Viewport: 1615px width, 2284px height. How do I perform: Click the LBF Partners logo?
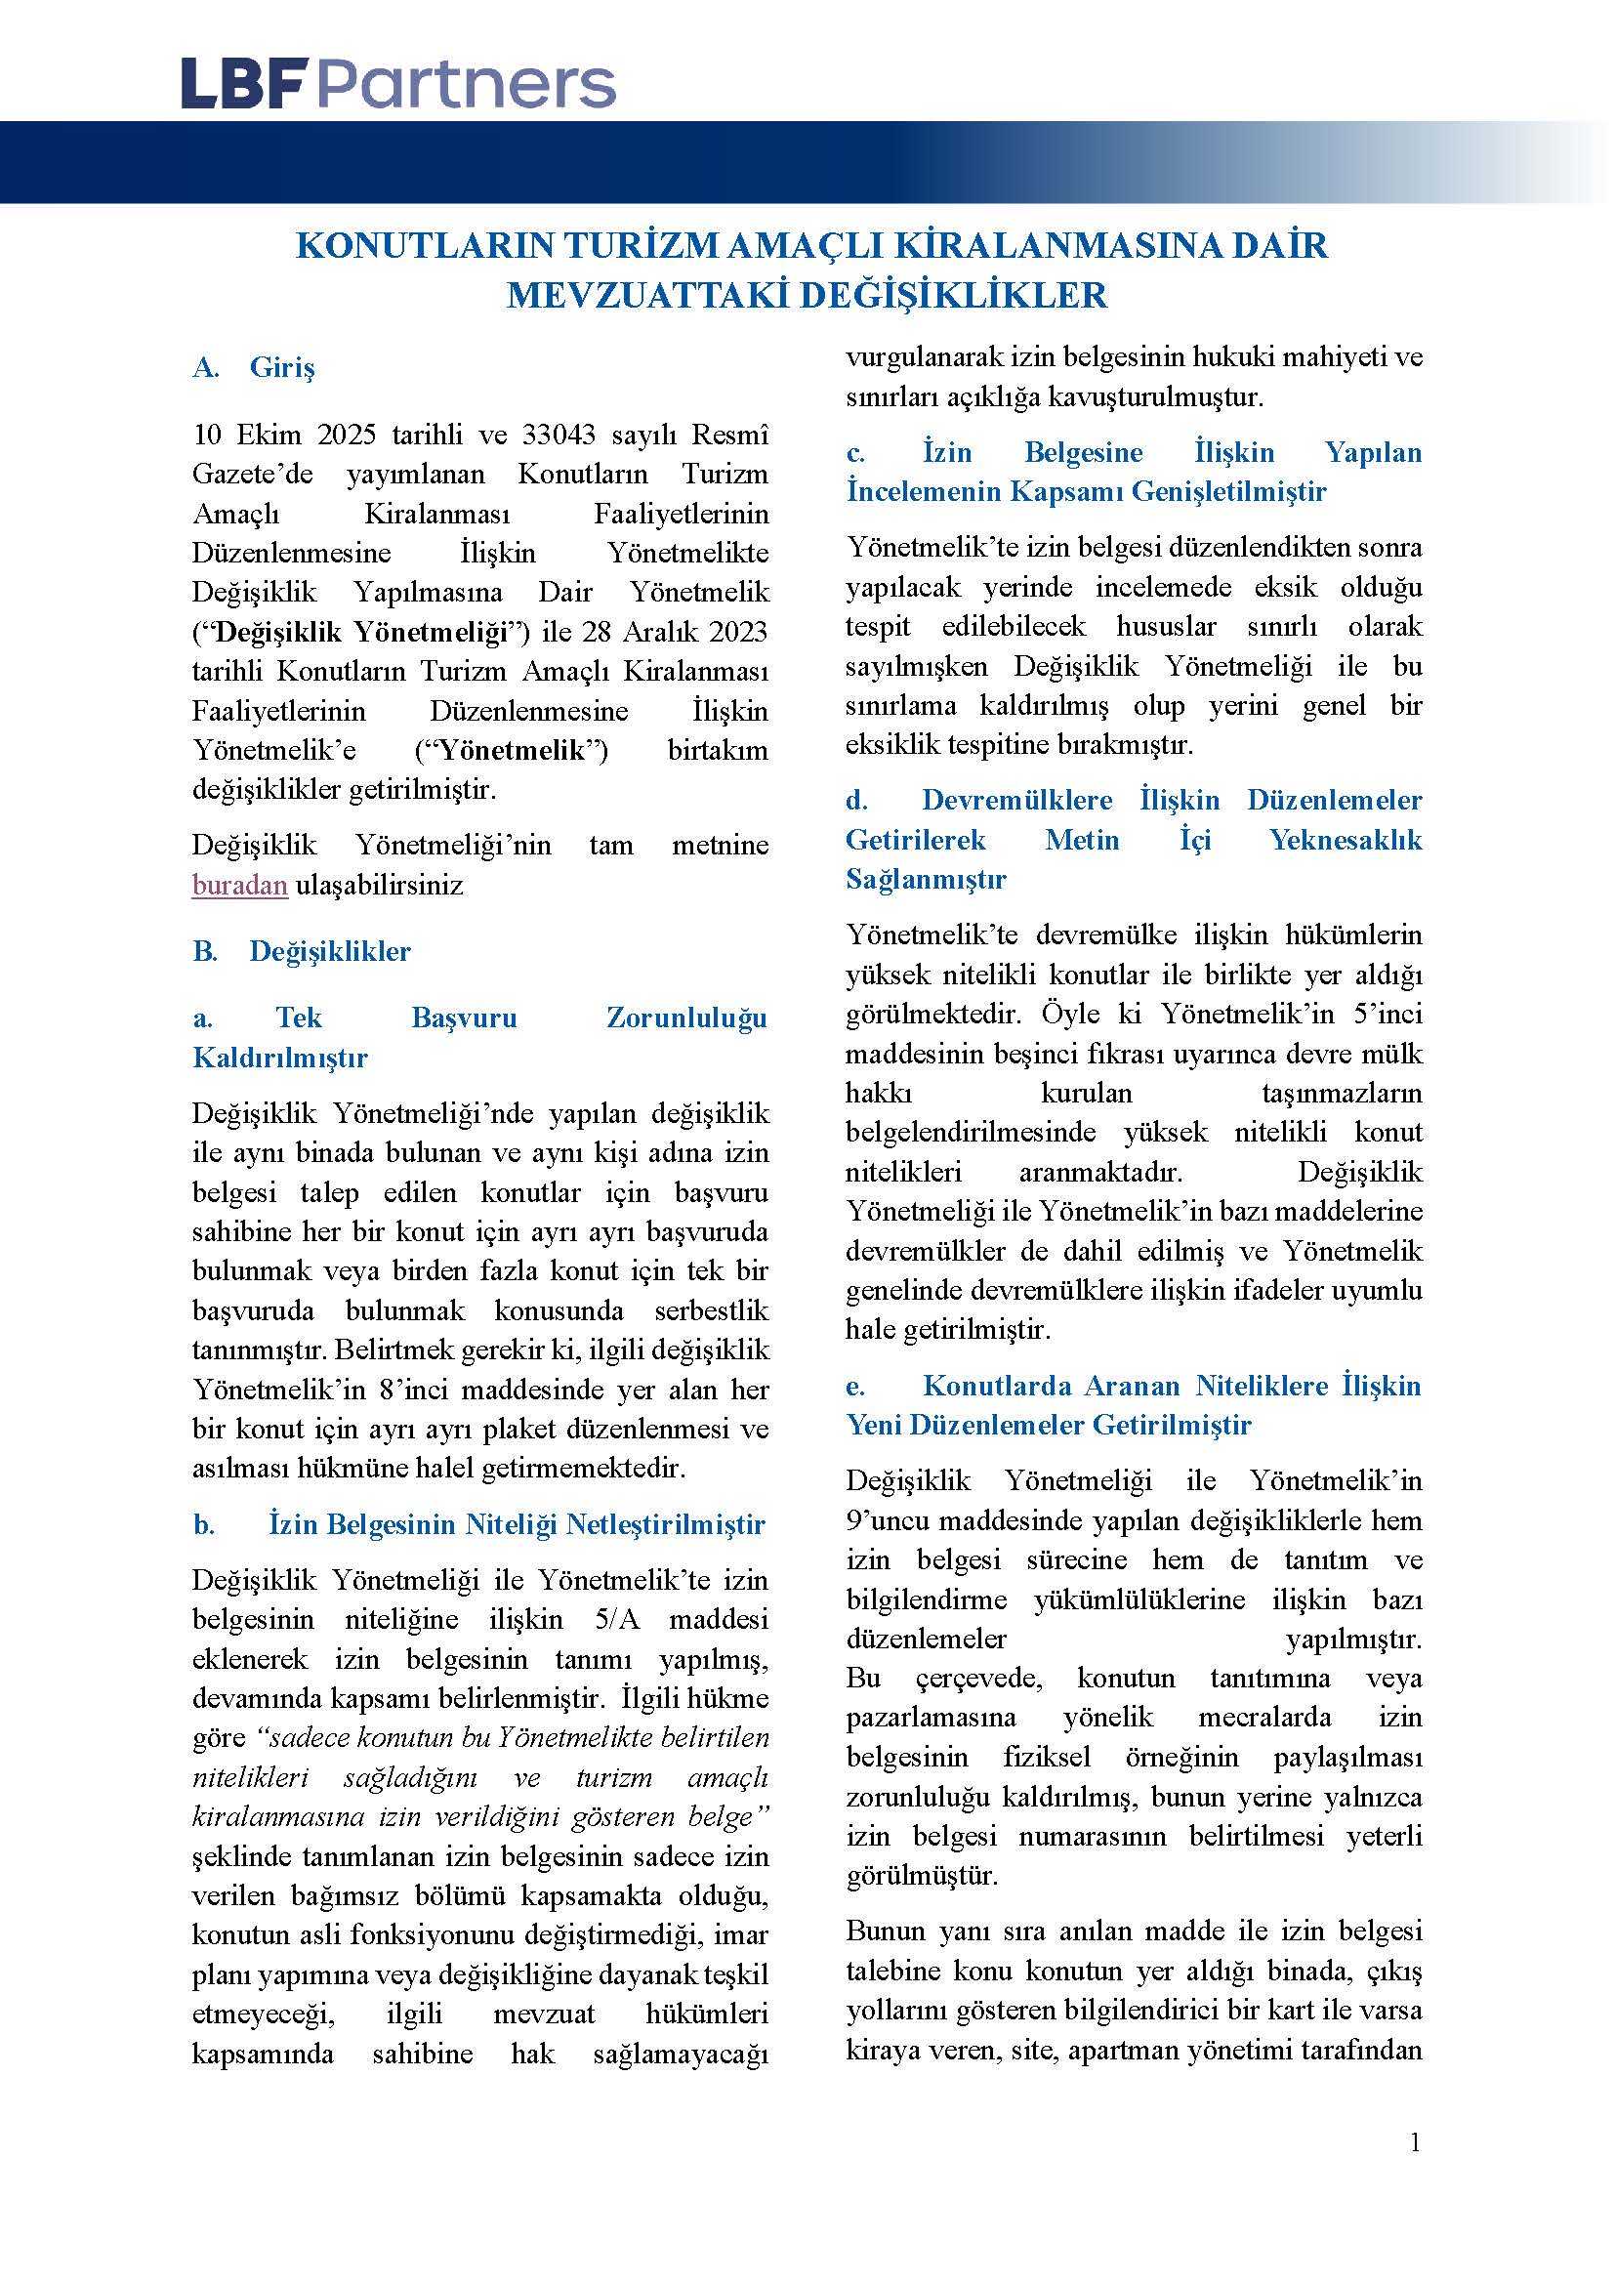point(397,85)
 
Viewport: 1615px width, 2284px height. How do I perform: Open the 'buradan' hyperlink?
point(239,885)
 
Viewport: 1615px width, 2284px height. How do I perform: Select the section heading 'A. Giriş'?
point(254,367)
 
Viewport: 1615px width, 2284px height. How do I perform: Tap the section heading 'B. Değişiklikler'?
point(302,951)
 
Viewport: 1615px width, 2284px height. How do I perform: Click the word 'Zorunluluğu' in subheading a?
point(686,1017)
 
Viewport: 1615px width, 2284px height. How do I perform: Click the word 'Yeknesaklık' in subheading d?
point(1346,840)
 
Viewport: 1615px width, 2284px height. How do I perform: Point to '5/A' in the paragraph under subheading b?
point(616,1619)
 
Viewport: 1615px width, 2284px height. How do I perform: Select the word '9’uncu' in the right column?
point(887,1520)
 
